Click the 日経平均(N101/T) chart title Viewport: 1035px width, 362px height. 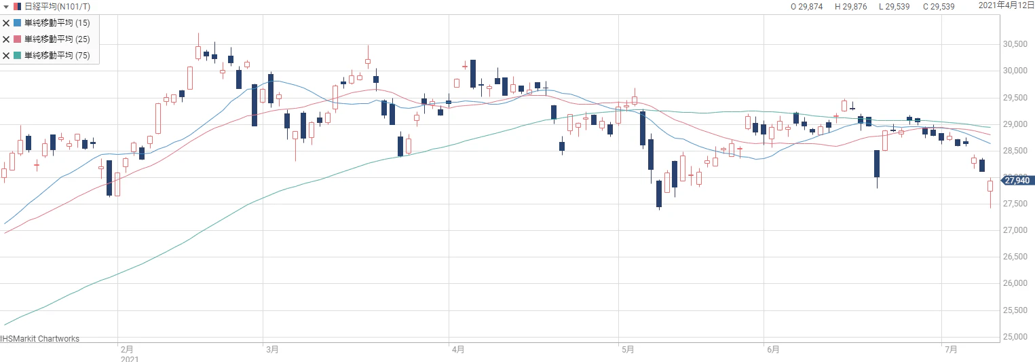coord(57,7)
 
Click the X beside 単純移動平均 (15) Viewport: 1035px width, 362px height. coord(7,22)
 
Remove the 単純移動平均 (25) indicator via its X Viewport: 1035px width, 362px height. coord(7,39)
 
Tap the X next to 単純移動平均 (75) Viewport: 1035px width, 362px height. coord(7,55)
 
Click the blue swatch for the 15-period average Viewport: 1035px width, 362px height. coord(18,22)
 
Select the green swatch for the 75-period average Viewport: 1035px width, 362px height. coord(18,55)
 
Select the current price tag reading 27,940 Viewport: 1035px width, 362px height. coord(1018,180)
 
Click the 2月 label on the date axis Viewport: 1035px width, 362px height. coord(126,350)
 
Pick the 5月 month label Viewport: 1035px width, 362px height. coord(627,350)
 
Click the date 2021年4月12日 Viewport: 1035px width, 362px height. coord(1006,5)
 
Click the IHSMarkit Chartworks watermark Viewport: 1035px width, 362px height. coord(40,339)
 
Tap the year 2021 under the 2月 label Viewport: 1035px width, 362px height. coord(129,359)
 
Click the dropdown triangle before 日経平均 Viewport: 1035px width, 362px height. coord(6,7)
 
